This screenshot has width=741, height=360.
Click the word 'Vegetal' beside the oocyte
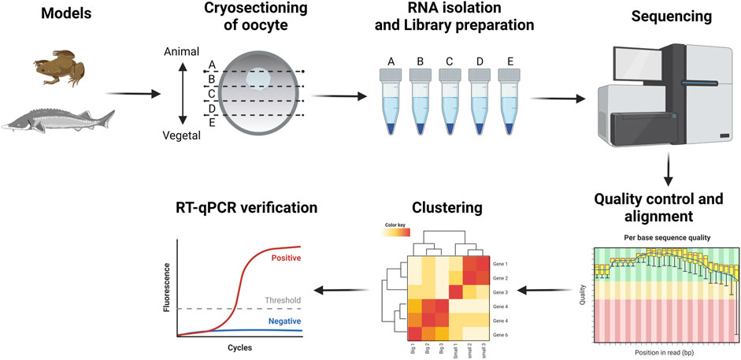(182, 135)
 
